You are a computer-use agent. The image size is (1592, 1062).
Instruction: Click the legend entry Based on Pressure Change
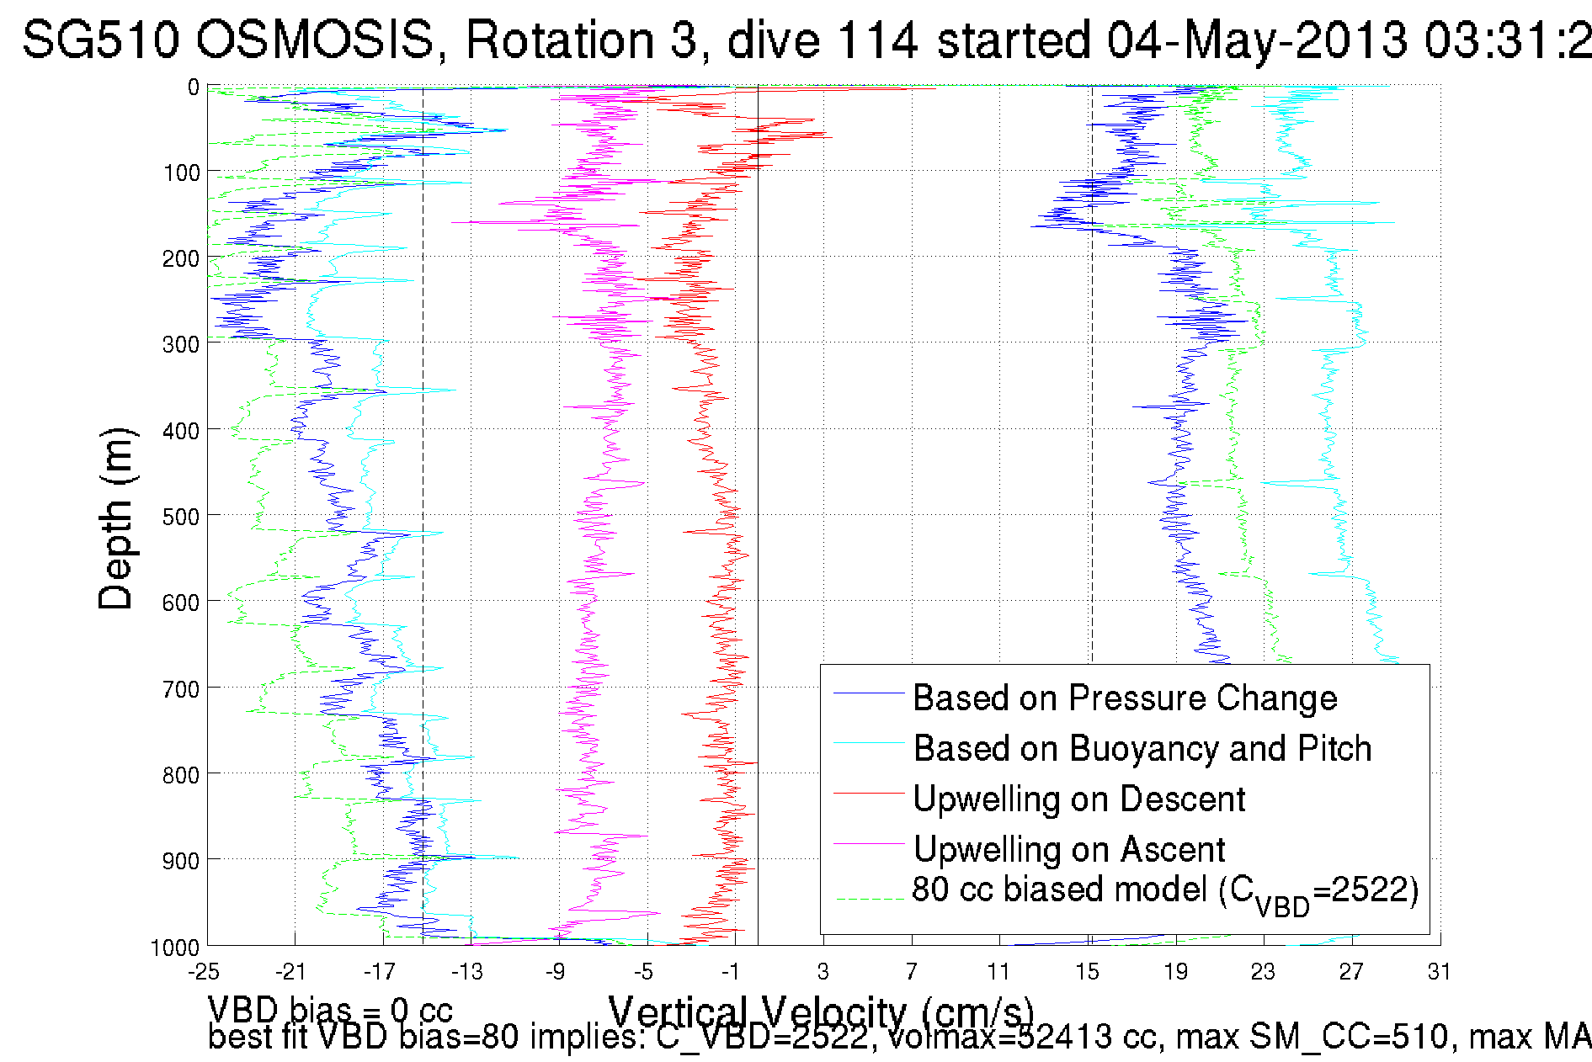point(1125,698)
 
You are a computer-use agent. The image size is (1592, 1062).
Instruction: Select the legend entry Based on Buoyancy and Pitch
point(1142,749)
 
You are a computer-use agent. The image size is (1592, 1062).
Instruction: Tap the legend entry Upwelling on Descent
point(1078,799)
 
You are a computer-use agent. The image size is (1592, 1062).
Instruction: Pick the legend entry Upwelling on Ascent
point(1069,850)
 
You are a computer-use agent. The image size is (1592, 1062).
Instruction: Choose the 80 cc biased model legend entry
point(1165,892)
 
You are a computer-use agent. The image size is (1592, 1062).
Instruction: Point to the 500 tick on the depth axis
point(181,517)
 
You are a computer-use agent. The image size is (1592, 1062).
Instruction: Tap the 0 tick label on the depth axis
point(194,88)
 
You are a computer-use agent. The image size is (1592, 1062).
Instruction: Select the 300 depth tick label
point(181,344)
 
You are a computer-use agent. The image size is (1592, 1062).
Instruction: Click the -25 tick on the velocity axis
point(204,973)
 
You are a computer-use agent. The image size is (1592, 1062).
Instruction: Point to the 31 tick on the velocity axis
point(1439,973)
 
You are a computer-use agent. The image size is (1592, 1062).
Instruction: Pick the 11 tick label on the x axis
point(998,973)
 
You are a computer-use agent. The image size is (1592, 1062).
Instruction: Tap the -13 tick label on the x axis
point(467,973)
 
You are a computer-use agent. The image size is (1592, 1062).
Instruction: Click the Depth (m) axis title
point(115,518)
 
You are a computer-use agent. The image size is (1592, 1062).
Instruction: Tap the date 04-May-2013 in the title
point(1257,40)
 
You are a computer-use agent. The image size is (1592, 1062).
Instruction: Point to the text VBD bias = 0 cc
point(330,1010)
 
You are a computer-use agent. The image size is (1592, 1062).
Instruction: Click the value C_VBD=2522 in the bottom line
point(761,1038)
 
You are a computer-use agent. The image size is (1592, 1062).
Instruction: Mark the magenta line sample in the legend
point(868,843)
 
